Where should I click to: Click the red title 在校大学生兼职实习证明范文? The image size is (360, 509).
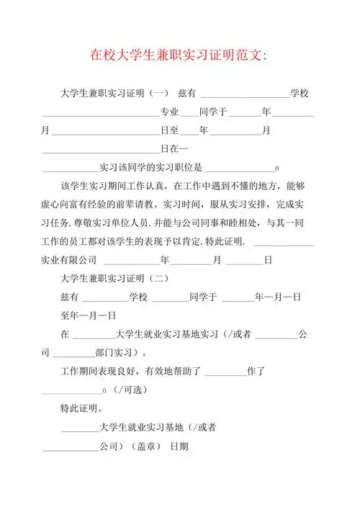pos(178,55)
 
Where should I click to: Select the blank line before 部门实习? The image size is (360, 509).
pos(73,354)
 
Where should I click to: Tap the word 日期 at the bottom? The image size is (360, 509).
pos(179,446)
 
